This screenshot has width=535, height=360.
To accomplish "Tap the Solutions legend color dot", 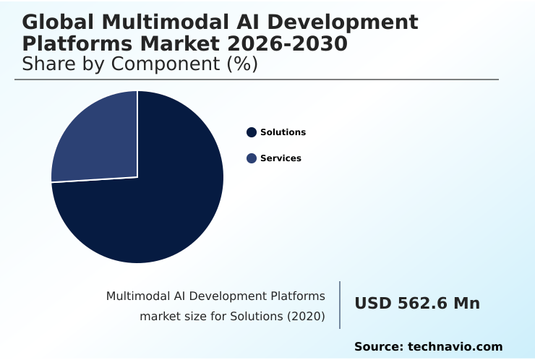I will pyautogui.click(x=252, y=132).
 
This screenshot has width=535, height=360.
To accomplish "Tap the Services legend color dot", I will pyautogui.click(x=252, y=158).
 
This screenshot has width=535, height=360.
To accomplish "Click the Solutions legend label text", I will pyautogui.click(x=283, y=132).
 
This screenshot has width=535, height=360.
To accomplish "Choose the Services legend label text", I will pyautogui.click(x=281, y=158).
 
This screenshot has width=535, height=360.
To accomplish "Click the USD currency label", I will pyautogui.click(x=373, y=304).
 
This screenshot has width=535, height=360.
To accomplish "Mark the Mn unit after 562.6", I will pyautogui.click(x=466, y=304).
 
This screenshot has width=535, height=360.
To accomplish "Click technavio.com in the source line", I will pyautogui.click(x=455, y=347).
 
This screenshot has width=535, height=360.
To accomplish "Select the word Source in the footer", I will pyautogui.click(x=377, y=347).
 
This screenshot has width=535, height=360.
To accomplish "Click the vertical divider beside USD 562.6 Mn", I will pyautogui.click(x=340, y=304).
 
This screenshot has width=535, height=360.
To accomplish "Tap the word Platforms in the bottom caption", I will pyautogui.click(x=297, y=296).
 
